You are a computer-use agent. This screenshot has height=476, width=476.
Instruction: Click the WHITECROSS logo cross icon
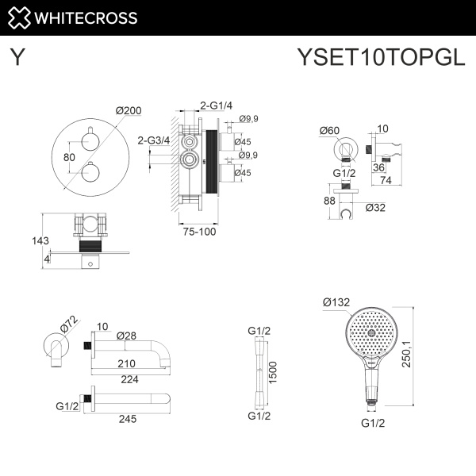[21, 17]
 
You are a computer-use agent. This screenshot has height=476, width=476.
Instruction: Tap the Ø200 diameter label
[129, 112]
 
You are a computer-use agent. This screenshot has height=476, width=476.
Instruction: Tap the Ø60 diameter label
[330, 130]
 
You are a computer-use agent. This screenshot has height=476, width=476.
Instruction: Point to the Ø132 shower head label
[336, 301]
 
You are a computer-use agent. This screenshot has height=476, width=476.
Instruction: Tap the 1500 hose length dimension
[274, 370]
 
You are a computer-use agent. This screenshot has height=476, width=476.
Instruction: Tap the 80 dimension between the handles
[70, 157]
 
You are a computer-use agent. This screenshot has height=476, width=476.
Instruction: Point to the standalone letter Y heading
[18, 57]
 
